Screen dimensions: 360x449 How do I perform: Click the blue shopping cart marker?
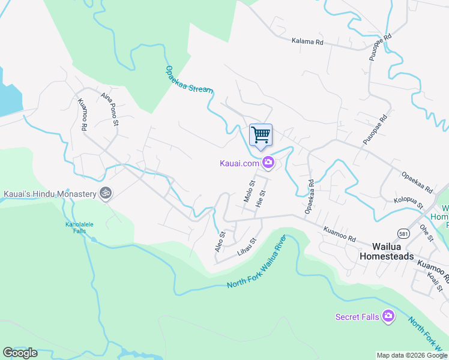click(x=261, y=135)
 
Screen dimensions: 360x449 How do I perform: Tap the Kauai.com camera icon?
click(x=268, y=163)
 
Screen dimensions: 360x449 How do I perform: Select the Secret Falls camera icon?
click(x=388, y=316)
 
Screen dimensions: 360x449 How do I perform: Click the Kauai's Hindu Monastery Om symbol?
click(x=106, y=194)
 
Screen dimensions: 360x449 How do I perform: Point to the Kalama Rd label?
click(x=307, y=42)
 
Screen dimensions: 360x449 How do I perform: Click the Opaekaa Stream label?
click(x=189, y=79)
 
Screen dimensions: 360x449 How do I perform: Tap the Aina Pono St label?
click(x=110, y=109)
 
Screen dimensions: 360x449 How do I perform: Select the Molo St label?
click(x=249, y=190)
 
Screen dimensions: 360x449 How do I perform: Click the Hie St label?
click(x=260, y=199)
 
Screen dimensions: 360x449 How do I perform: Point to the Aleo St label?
click(x=220, y=241)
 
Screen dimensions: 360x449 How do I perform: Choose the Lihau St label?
click(x=247, y=248)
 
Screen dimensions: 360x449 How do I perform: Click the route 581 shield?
click(x=403, y=232)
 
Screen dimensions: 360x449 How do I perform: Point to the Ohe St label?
click(x=426, y=232)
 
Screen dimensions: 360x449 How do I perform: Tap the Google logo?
click(x=20, y=353)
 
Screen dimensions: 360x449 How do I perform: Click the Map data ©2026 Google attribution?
click(x=412, y=355)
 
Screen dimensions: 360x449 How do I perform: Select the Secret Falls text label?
click(x=357, y=317)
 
